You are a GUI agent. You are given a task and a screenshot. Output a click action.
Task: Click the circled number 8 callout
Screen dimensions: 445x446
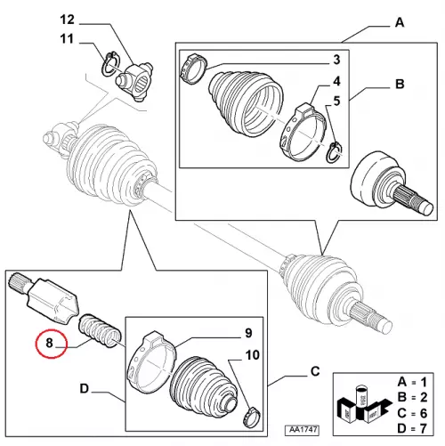50,344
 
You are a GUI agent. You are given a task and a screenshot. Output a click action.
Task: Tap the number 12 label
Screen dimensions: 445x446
67,20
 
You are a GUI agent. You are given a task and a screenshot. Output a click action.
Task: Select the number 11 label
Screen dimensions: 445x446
67,39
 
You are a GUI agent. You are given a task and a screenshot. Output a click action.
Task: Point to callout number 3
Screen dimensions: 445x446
336,60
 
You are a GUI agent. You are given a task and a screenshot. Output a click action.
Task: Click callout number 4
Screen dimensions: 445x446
336,81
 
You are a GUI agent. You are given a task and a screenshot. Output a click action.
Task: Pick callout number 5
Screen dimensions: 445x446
336,101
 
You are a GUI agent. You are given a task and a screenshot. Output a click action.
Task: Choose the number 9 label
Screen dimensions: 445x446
248,333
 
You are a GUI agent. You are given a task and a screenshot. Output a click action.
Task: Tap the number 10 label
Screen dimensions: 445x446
253,355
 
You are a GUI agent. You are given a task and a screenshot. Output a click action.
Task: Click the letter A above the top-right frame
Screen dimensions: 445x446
400,22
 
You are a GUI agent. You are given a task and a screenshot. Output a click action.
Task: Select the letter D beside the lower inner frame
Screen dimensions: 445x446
85,388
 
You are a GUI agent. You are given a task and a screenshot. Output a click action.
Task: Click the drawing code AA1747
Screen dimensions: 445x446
302,430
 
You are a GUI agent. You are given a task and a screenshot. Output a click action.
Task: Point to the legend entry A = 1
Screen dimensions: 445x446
412,382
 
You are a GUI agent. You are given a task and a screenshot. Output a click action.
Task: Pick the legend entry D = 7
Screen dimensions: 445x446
412,428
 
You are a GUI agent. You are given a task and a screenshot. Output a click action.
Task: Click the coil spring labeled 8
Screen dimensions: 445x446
100,331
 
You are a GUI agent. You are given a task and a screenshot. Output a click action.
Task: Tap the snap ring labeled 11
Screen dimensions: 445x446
111,63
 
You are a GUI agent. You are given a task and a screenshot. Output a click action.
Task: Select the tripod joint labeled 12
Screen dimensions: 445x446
134,81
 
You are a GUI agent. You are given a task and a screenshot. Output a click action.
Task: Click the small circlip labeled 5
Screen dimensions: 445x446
334,152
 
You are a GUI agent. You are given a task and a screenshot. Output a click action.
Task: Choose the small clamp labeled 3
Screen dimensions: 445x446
193,69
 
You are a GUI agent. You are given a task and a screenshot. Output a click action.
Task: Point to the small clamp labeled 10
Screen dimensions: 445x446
252,418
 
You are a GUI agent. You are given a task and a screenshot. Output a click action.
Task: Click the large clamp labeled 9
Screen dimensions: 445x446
150,362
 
